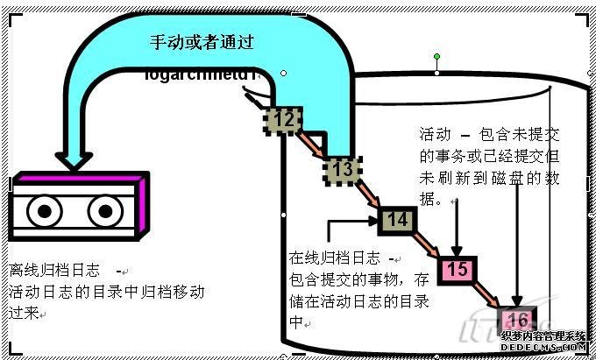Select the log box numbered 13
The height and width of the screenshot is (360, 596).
(x=341, y=167)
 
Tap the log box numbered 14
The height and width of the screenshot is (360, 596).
(x=396, y=219)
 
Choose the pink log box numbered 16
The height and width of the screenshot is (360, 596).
(x=518, y=319)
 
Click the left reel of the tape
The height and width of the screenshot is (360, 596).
(x=41, y=214)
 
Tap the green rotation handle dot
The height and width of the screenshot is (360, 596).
(x=436, y=57)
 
